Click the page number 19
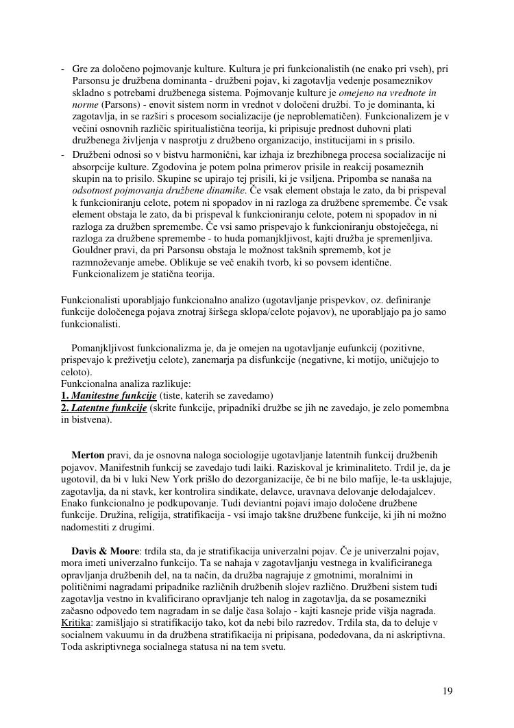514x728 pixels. click(x=448, y=691)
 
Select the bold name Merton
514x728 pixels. click(x=88, y=455)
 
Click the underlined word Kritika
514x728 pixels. click(x=75, y=622)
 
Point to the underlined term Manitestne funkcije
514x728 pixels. click(x=114, y=396)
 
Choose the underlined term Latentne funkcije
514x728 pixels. click(x=110, y=408)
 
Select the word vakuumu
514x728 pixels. click(x=121, y=635)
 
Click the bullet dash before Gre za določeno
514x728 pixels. click(x=63, y=69)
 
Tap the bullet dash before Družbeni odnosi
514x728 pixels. click(x=63, y=155)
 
